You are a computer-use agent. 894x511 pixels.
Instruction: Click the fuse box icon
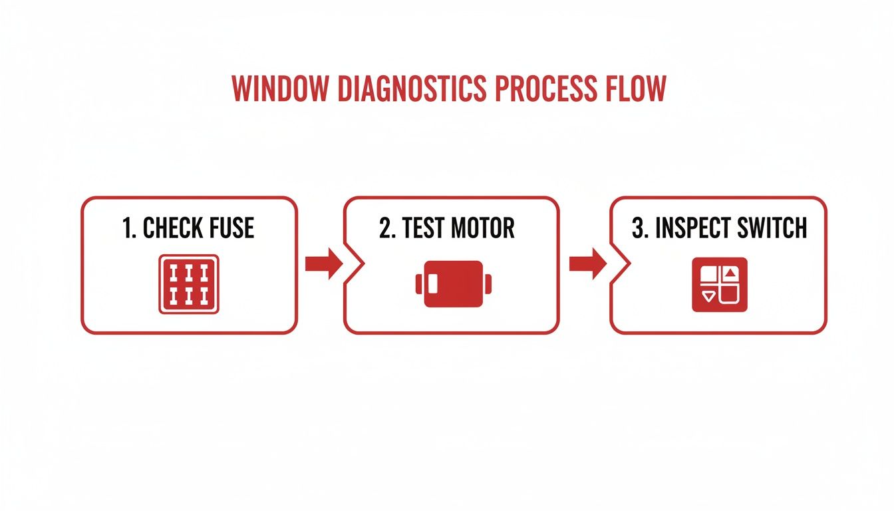pyautogui.click(x=189, y=284)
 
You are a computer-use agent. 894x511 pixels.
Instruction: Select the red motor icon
pyautogui.click(x=453, y=284)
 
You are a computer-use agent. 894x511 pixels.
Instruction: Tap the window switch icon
pyautogui.click(x=720, y=284)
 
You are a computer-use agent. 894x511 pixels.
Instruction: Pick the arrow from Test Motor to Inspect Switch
pyautogui.click(x=587, y=264)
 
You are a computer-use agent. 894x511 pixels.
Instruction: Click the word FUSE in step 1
pyautogui.click(x=227, y=228)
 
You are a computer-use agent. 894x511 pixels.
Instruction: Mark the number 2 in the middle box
pyautogui.click(x=386, y=228)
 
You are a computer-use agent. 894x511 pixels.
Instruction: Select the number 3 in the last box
pyautogui.click(x=638, y=228)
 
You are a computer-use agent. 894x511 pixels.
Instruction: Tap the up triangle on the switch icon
pyautogui.click(x=731, y=272)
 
